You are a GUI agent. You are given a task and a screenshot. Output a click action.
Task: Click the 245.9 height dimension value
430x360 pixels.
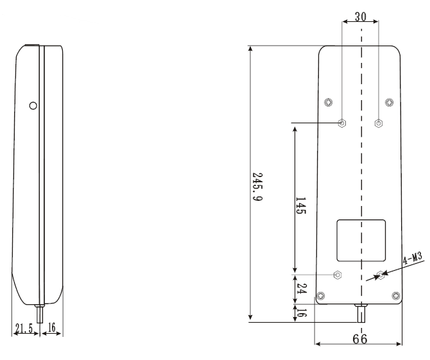(x=257, y=187)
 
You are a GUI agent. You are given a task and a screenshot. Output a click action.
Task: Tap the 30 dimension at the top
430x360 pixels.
(x=360, y=17)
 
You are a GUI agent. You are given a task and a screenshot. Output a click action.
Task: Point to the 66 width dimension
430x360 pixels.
(x=360, y=339)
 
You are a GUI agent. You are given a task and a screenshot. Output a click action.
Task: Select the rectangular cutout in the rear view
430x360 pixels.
(x=361, y=240)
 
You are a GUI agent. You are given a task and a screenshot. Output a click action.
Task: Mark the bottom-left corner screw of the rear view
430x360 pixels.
(x=321, y=295)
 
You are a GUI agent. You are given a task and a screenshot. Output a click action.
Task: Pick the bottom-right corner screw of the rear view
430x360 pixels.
(x=395, y=295)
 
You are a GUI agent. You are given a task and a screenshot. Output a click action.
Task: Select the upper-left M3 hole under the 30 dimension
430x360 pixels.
(x=342, y=123)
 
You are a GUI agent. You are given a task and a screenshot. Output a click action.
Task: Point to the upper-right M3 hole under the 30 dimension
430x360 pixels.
(x=379, y=123)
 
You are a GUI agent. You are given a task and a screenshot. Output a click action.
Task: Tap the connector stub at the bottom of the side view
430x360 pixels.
(x=40, y=314)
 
